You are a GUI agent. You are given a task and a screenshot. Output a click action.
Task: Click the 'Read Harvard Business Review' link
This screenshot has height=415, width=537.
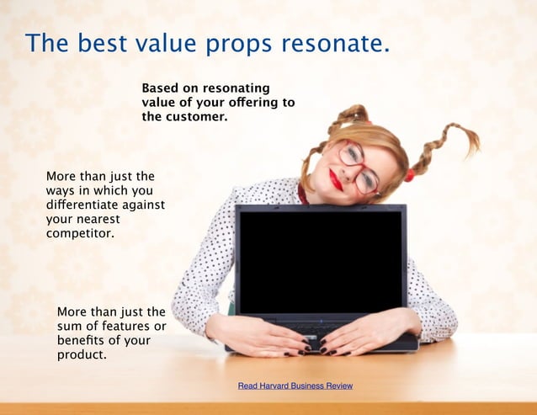click(x=295, y=386)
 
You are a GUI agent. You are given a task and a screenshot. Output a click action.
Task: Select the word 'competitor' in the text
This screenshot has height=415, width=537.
click(x=80, y=232)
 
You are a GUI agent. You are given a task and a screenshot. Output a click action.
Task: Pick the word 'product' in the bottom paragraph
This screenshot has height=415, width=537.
click(x=81, y=354)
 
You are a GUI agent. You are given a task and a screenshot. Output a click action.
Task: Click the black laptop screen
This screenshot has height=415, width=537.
click(x=320, y=261)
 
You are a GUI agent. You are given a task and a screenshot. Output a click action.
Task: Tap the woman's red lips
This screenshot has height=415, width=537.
click(x=336, y=179)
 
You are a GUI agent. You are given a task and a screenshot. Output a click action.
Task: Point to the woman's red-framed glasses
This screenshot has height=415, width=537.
click(x=359, y=167)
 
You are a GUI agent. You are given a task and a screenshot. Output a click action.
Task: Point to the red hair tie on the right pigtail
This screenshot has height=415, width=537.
click(x=410, y=175)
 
